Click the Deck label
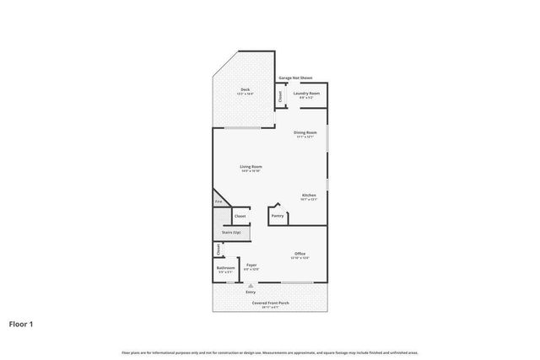pos(245,90)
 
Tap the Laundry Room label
pos(306,94)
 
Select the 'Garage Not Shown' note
pos(295,78)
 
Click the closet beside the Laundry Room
pos(281,96)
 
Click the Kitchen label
pos(309,196)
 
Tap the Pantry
pos(278,216)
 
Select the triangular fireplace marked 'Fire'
pos(217,202)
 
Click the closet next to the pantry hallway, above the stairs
pos(240,216)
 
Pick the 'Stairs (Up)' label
pos(230,232)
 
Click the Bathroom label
pos(226,269)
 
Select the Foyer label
pos(251,266)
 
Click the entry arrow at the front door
pos(251,286)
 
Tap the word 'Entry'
pos(251,292)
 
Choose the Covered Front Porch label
pos(270,304)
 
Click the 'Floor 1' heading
pos(21,323)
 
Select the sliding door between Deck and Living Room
pos(242,127)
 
